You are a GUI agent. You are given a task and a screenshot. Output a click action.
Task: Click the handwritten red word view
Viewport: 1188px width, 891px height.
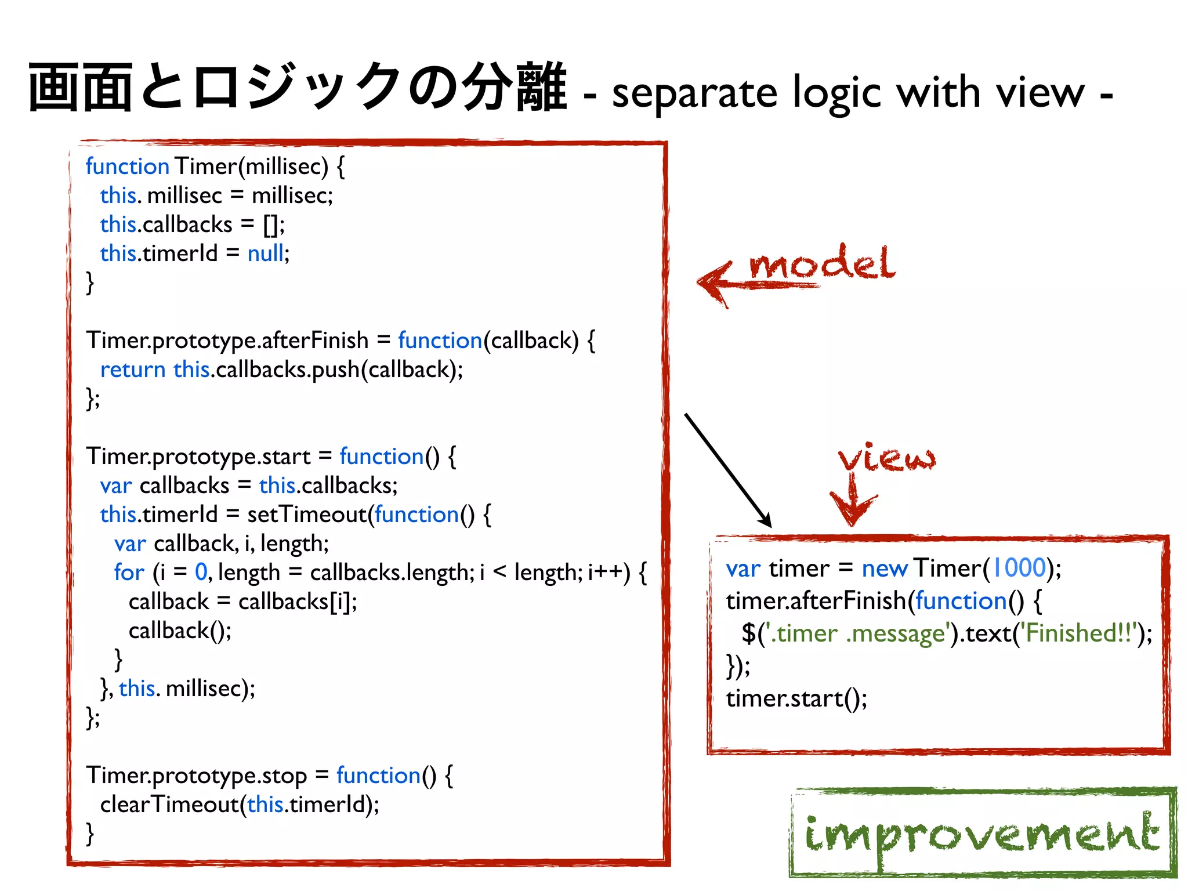pos(887,458)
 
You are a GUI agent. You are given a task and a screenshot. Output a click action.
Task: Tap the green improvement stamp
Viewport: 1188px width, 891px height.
pos(983,834)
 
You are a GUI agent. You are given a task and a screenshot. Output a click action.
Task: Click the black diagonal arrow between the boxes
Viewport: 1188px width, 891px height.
pos(727,469)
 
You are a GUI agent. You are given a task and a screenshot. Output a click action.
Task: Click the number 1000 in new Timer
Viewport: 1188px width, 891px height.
pos(1019,568)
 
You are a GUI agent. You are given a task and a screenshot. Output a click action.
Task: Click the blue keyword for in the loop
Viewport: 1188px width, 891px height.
pos(129,573)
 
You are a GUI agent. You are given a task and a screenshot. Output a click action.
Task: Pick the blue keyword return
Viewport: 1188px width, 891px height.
pos(133,370)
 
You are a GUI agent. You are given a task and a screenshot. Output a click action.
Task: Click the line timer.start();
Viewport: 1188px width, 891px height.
pos(796,698)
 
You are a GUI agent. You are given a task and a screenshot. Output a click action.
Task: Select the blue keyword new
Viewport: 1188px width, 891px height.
pos(884,568)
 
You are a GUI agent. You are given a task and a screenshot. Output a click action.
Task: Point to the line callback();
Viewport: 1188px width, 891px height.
pos(180,631)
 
